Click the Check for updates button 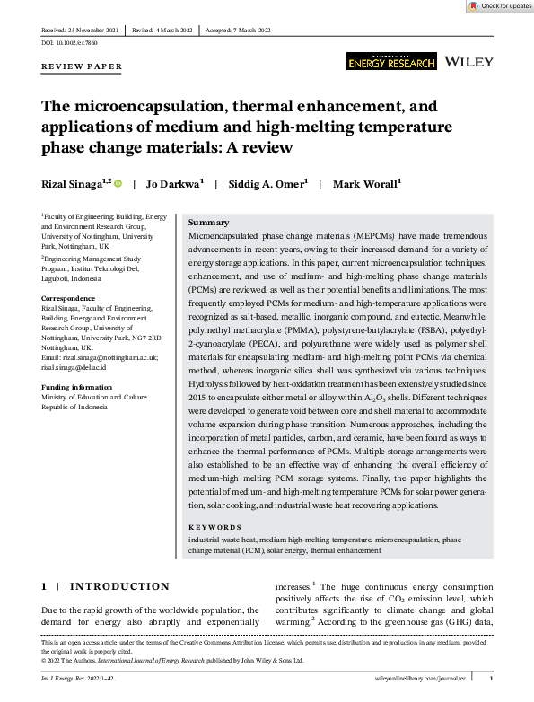[500, 6]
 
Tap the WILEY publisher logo [469, 62]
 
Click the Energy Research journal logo [391, 61]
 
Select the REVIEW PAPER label [82, 67]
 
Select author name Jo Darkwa [175, 183]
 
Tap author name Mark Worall [365, 183]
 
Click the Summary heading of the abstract [209, 222]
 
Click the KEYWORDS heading [214, 527]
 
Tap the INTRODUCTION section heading [118, 586]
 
